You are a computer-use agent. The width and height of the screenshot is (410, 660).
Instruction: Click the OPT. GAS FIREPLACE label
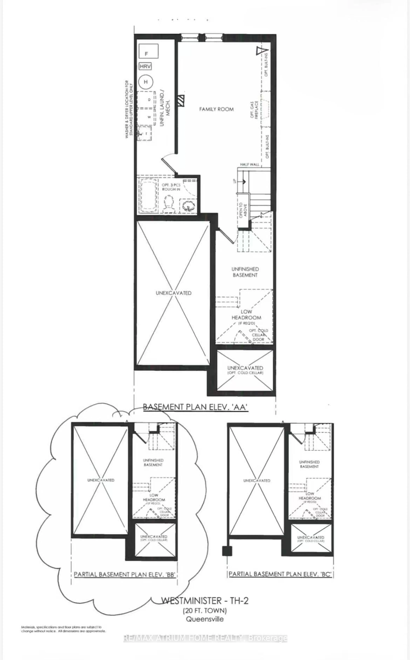point(254,110)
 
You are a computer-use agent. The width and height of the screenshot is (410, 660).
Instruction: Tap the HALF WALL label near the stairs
point(250,164)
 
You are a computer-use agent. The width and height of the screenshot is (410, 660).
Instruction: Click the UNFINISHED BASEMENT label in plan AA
point(245,272)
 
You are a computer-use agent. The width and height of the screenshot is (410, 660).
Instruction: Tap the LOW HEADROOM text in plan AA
point(246,315)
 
